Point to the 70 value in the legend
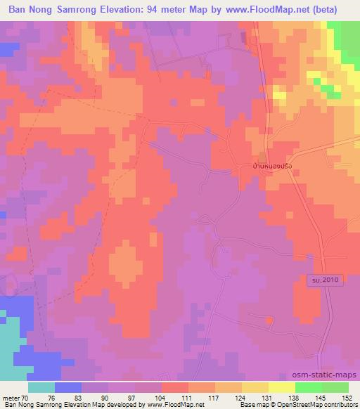pos(27,398)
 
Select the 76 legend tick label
pos(54,398)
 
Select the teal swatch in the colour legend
pos(41,387)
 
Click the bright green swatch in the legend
pos(309,387)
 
